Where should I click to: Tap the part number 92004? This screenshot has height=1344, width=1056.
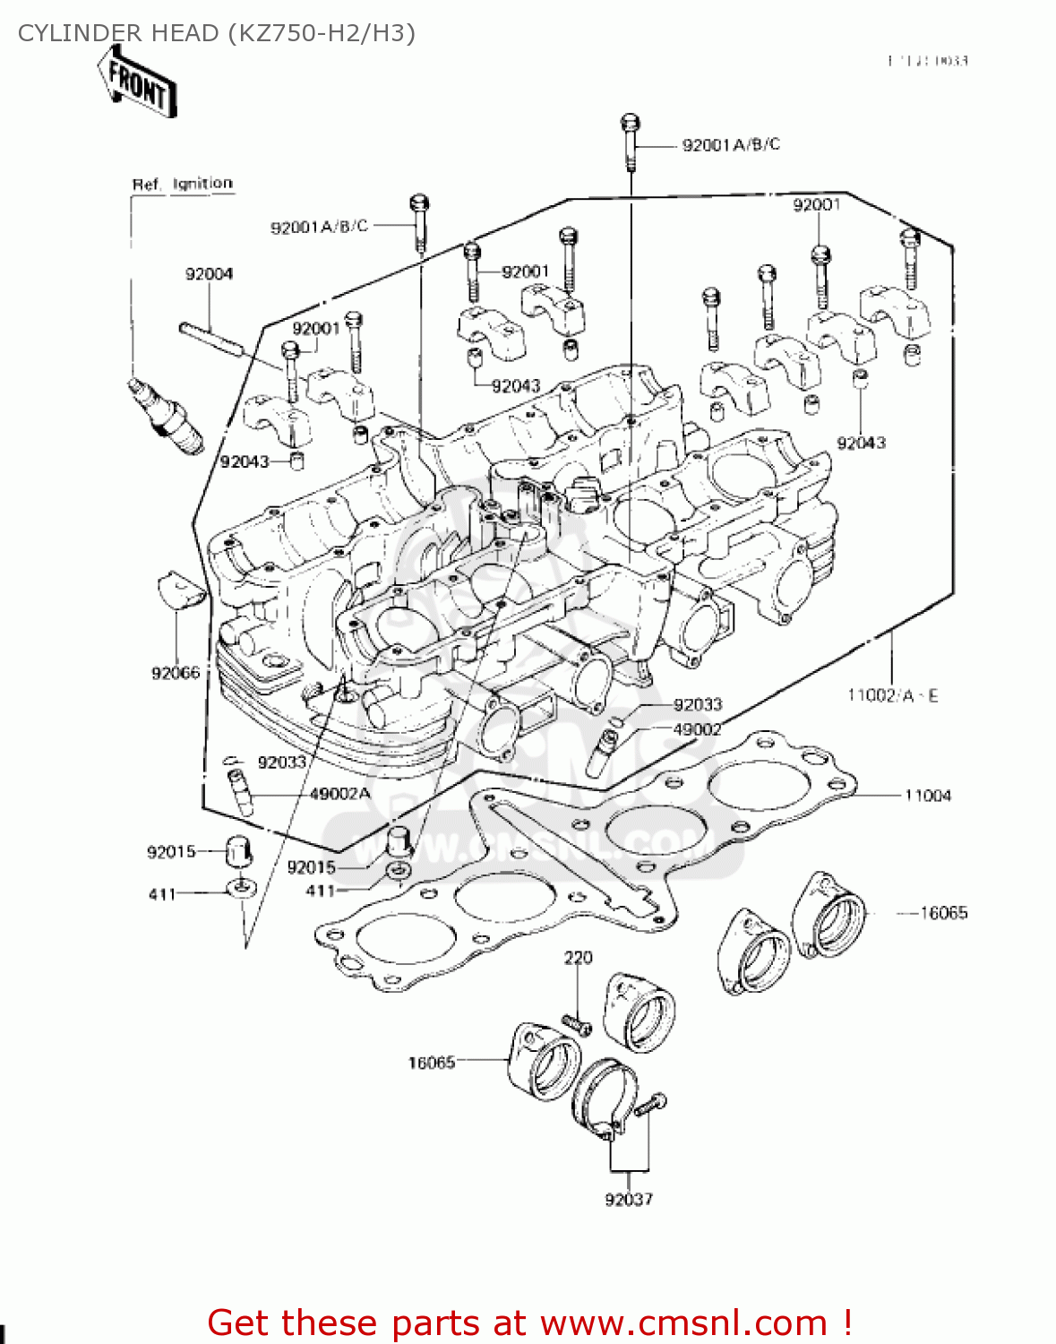[x=209, y=274]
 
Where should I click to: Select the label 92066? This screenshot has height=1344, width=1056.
[x=176, y=673]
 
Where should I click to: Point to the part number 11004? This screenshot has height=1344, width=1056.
[x=927, y=796]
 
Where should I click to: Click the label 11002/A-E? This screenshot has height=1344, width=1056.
[x=892, y=695]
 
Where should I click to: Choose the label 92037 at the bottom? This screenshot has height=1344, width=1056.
[x=629, y=1199]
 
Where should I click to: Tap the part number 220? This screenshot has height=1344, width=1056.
[x=578, y=958]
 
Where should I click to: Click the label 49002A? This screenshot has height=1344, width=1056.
[x=339, y=794]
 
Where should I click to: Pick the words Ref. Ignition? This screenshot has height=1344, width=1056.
[x=183, y=184]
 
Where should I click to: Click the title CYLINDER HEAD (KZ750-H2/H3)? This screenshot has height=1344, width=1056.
[x=217, y=33]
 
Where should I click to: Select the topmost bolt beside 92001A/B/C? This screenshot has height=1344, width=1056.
[x=630, y=141]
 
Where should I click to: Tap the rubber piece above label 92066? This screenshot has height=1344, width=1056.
[x=182, y=590]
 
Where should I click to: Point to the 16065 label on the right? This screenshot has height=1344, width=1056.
[x=944, y=913]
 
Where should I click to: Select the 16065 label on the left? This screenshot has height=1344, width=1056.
[x=432, y=1063]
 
